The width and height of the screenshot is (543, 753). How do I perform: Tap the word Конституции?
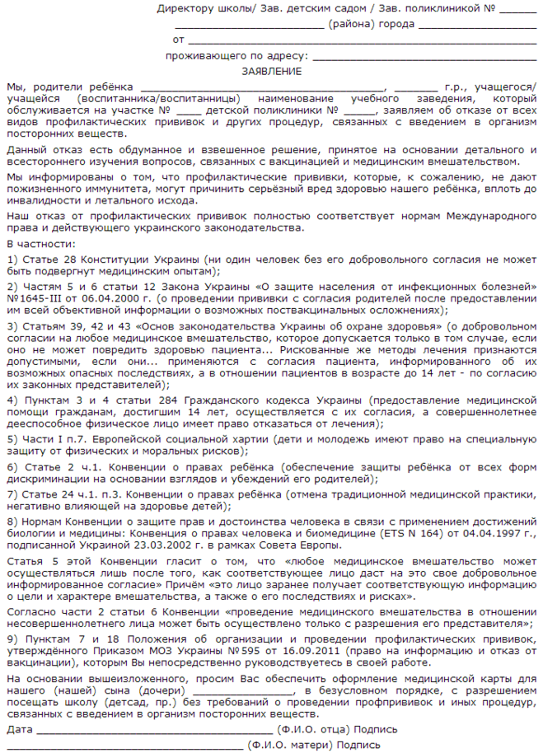pos(102,259)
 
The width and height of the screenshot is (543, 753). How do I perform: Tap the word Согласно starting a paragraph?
pos(30,613)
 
